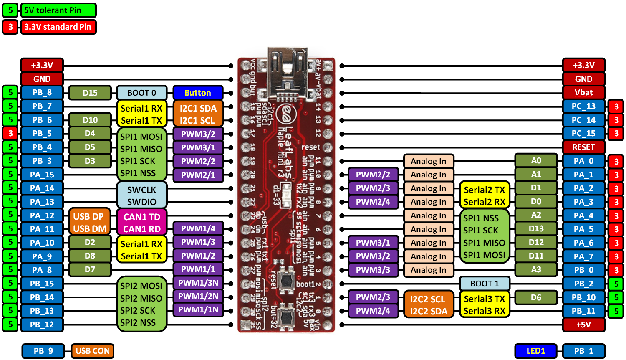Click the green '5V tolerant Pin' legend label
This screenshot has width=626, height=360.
[x=58, y=10]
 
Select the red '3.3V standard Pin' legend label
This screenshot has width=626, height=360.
[x=58, y=27]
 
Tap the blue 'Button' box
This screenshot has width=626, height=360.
[x=198, y=93]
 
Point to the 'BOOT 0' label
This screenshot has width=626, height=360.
[x=142, y=93]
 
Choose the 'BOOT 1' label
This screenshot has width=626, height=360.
[x=485, y=284]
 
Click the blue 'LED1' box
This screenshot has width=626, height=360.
[x=536, y=351]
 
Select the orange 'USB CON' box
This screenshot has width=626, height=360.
[x=92, y=351]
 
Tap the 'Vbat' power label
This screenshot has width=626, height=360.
[x=583, y=93]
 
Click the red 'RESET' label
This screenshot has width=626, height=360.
[x=583, y=147]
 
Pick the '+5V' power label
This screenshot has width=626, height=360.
[x=583, y=325]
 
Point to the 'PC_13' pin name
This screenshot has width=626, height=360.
[x=583, y=106]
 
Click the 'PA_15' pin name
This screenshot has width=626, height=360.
[x=42, y=175]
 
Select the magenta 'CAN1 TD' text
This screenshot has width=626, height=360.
[x=142, y=217]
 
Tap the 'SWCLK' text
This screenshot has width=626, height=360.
[x=142, y=190]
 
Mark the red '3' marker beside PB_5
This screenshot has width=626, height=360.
[x=10, y=133]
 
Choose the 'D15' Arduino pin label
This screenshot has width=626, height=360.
[x=90, y=93]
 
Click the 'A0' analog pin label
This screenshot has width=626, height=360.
[x=536, y=161]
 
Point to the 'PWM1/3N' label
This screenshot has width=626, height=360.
[x=198, y=283]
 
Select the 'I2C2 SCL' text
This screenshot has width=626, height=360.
[x=428, y=299]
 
